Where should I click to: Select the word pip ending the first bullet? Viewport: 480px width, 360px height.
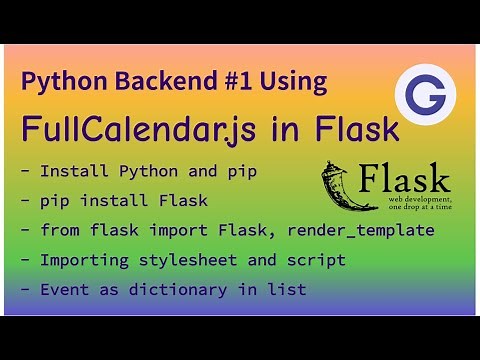(x=241, y=172)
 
